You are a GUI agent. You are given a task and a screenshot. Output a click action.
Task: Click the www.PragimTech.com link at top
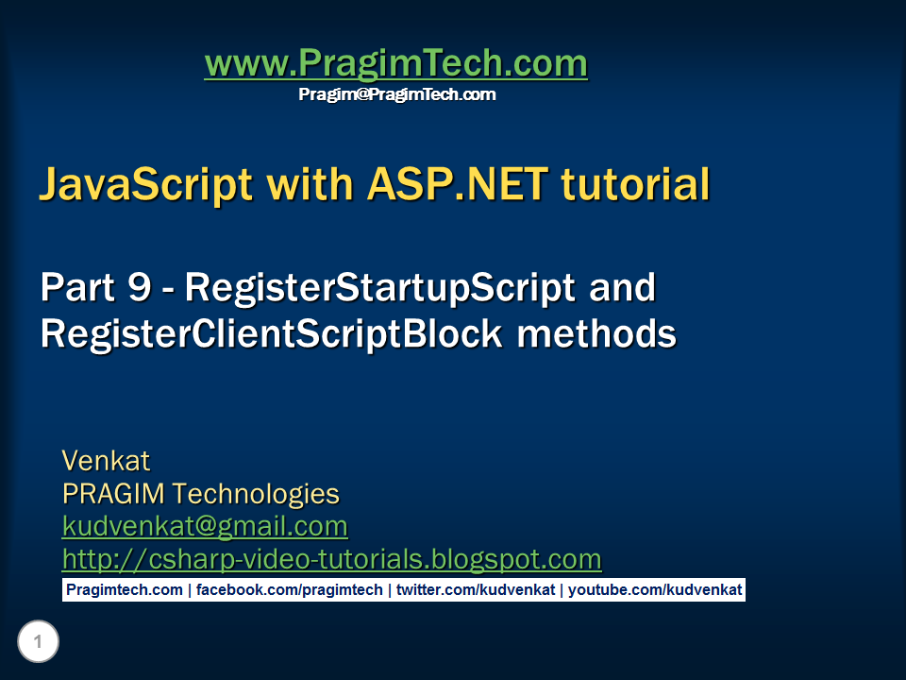tap(395, 64)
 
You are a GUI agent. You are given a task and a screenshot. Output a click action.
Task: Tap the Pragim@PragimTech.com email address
tap(396, 94)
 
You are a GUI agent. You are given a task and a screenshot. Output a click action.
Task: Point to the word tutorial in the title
tap(635, 185)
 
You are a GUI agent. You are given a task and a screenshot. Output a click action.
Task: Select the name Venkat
tap(106, 461)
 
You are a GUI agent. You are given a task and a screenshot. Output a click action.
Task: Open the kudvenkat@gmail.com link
tap(205, 526)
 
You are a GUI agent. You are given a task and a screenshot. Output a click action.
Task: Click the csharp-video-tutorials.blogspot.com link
tap(331, 559)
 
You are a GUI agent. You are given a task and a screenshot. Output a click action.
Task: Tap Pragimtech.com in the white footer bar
tap(125, 590)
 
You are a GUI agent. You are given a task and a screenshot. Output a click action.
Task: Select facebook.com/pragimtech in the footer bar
tap(290, 590)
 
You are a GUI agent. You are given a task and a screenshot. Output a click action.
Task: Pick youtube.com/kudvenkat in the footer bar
tap(655, 590)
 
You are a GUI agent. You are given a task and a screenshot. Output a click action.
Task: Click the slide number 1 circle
tap(38, 643)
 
